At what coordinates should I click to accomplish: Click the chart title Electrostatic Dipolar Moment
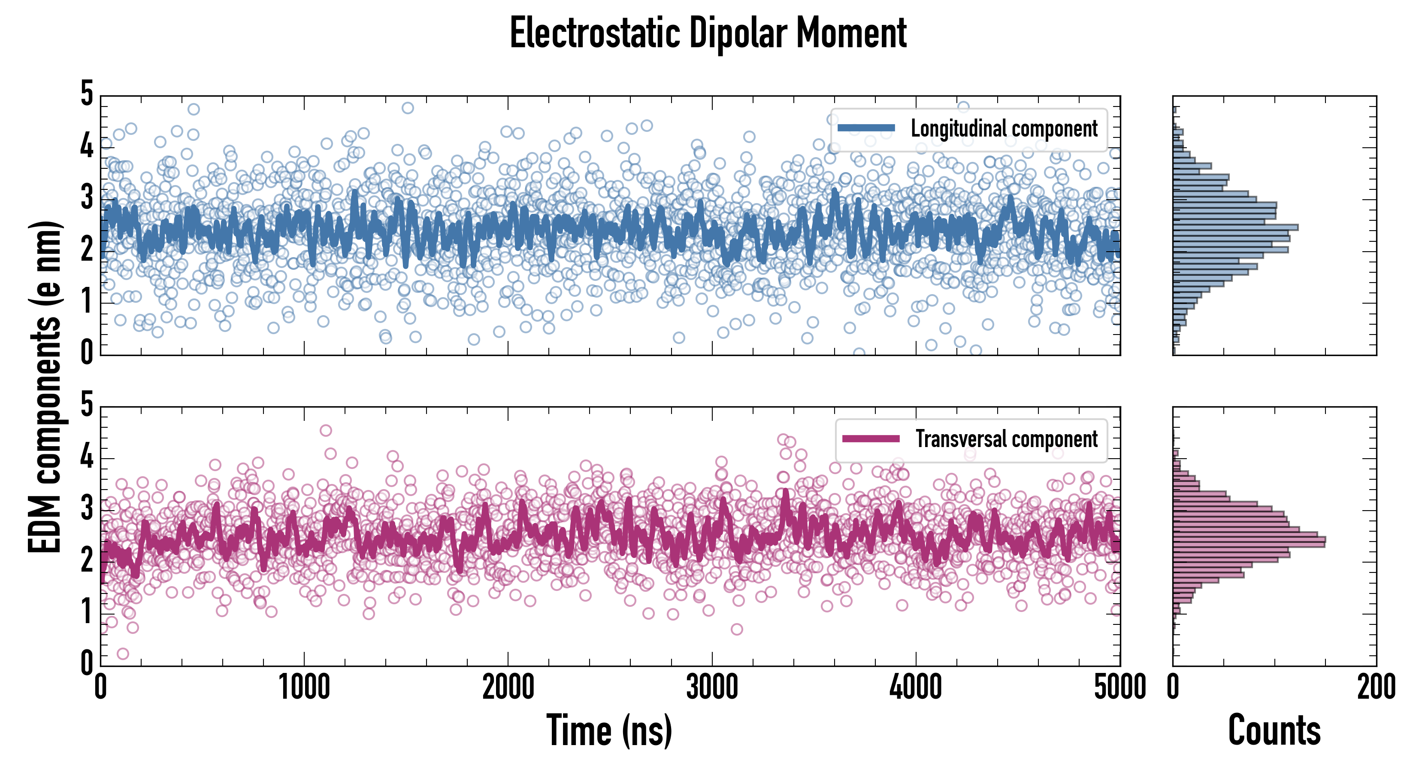(708, 33)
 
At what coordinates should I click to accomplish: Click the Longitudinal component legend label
(1004, 129)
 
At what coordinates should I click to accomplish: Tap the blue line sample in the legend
(866, 128)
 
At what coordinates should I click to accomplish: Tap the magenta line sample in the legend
(870, 438)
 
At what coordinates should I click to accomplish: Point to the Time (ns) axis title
(609, 730)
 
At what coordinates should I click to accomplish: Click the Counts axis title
(1274, 730)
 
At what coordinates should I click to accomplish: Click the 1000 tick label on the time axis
(304, 688)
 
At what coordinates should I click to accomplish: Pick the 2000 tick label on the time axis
(508, 688)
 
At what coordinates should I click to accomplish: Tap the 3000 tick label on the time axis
(712, 688)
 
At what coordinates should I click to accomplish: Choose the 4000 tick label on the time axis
(916, 688)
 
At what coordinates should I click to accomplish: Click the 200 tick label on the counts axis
(1376, 688)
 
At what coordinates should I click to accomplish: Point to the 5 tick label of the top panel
(87, 94)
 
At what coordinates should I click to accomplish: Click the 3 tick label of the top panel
(87, 198)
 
